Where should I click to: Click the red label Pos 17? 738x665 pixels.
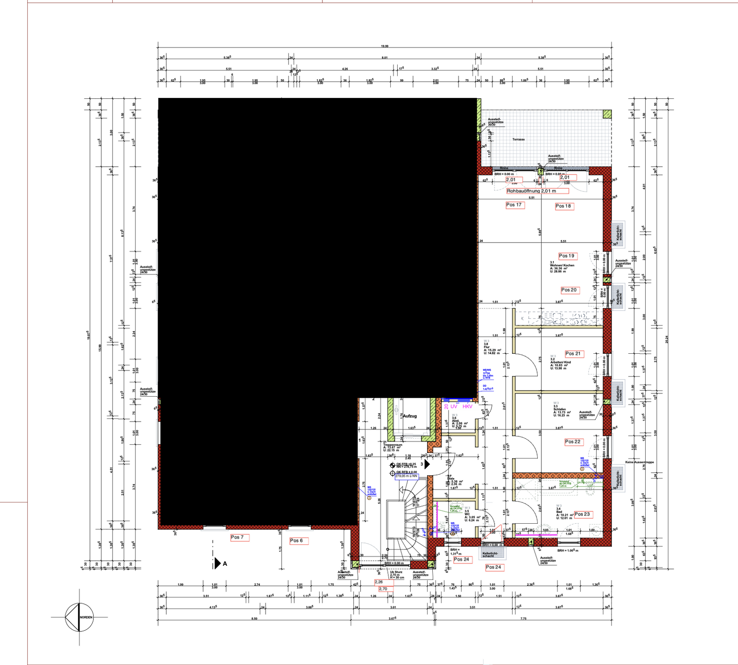coord(514,205)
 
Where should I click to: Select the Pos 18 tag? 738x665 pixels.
coord(563,206)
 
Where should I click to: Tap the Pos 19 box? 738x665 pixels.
coord(567,256)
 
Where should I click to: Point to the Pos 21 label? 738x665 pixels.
coord(573,354)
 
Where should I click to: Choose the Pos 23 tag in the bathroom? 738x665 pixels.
coord(582,514)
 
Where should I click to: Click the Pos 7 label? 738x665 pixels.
coord(237,537)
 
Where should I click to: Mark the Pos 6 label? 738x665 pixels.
coord(296,540)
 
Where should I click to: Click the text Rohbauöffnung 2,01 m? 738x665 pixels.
coord(532,191)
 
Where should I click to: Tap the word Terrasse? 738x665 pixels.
coord(518,139)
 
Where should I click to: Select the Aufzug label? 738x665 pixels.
coord(410,416)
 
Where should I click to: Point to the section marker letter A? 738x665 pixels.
coord(225,563)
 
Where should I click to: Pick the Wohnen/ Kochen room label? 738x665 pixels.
coord(562,265)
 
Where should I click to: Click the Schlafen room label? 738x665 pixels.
coord(559,409)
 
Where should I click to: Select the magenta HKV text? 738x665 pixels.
coord(467,406)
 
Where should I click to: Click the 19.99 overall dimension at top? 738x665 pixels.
coord(384,46)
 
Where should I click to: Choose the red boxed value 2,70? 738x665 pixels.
coord(383,589)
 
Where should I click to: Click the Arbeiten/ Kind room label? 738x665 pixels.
coord(560,362)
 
